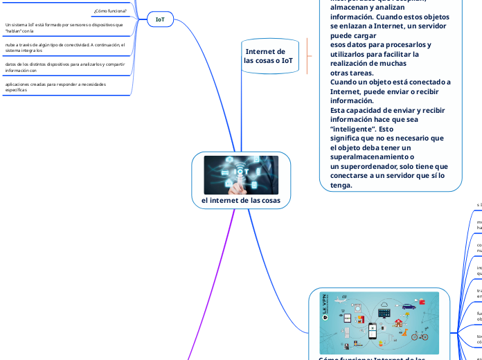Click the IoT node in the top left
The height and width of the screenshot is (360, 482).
coord(160,20)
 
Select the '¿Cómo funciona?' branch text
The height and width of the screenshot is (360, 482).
coord(110,10)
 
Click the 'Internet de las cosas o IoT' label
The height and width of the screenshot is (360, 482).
coord(268,56)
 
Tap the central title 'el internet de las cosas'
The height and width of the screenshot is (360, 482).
coord(241,200)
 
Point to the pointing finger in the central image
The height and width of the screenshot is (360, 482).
coord(238,187)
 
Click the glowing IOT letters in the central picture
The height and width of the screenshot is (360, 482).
coord(242,171)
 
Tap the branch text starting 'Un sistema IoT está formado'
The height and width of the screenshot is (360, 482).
coord(64,28)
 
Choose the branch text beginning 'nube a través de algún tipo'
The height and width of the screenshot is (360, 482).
coord(64,47)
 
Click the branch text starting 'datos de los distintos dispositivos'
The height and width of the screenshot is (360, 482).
coord(64,67)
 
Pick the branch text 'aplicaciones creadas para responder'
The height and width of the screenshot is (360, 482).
coord(55,87)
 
